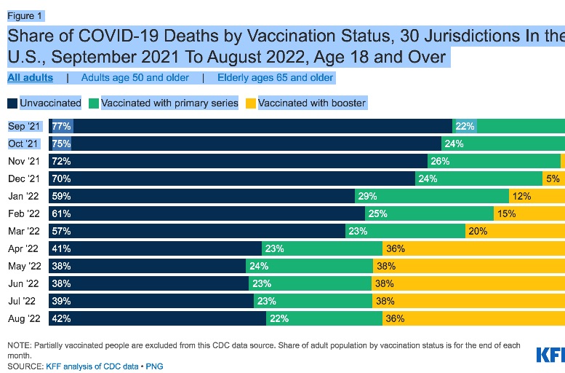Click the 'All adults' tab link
pyautogui.click(x=31, y=77)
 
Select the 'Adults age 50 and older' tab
pyautogui.click(x=135, y=77)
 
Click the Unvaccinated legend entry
pyautogui.click(x=44, y=103)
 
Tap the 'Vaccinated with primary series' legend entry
pyautogui.click(x=164, y=103)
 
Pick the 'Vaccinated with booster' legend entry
pyautogui.click(x=306, y=103)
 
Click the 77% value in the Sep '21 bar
pyautogui.click(x=61, y=126)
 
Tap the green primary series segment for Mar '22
pyautogui.click(x=405, y=231)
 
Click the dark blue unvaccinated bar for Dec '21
pyautogui.click(x=232, y=178)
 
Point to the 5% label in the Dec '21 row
pyautogui.click(x=553, y=178)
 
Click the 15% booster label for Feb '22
pyautogui.click(x=507, y=213)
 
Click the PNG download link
pyautogui.click(x=154, y=366)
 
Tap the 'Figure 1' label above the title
pyautogui.click(x=25, y=15)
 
